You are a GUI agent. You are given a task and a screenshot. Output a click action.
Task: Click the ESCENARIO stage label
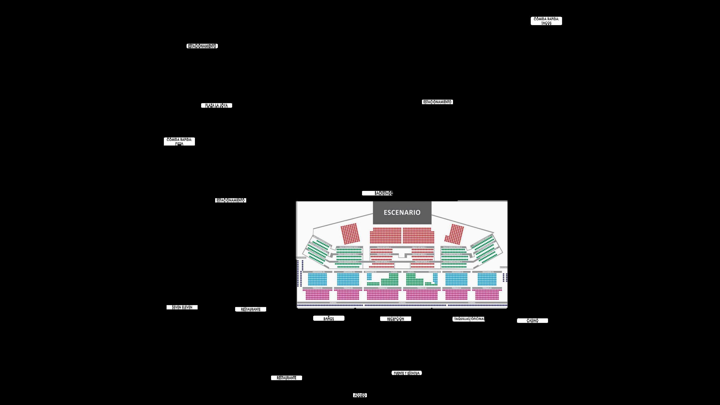point(402,212)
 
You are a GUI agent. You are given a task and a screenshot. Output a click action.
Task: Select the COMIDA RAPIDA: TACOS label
point(546,21)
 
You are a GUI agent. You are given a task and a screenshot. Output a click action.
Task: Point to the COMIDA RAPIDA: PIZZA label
point(179,141)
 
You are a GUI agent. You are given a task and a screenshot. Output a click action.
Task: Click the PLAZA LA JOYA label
point(216,105)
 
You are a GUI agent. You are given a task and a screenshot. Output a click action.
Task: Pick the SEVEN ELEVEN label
point(182,307)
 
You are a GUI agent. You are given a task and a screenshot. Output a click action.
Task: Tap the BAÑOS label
point(329,318)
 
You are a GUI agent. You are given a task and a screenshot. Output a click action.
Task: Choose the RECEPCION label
point(396,319)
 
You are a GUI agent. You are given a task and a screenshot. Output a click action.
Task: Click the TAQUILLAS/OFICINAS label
point(469,319)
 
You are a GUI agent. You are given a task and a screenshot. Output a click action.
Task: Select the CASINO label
point(532,320)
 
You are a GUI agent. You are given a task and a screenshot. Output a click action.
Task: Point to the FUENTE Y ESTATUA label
point(407,373)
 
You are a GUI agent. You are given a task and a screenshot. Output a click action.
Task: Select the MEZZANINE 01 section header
point(487,272)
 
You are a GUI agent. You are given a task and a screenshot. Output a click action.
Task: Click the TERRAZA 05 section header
point(348,288)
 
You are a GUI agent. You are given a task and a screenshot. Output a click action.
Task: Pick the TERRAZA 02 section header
point(456,288)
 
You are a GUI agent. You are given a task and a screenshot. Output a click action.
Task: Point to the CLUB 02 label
point(394,272)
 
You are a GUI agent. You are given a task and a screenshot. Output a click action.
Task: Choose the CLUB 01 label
point(411,272)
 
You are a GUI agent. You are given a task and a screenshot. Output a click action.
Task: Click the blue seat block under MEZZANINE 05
point(348,279)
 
